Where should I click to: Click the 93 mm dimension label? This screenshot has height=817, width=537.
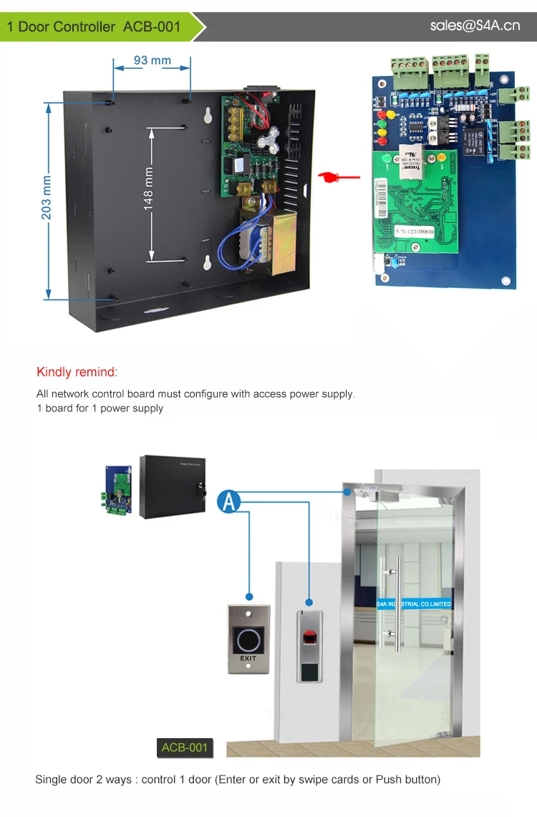[152, 60]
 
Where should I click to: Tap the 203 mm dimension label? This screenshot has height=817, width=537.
[47, 197]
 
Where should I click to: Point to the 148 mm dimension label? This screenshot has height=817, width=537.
[149, 188]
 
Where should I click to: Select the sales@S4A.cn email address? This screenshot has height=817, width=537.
[475, 26]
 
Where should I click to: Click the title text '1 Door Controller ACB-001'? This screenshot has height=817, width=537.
[94, 27]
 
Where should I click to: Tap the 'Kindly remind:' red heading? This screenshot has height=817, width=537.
[77, 372]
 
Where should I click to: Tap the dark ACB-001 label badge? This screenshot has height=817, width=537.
[185, 747]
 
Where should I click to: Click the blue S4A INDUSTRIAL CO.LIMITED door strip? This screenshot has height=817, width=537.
[415, 604]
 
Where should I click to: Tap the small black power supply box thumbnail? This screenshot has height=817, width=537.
[172, 486]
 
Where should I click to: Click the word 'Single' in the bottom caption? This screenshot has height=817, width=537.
[50, 779]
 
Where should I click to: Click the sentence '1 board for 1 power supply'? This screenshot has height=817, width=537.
[100, 408]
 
